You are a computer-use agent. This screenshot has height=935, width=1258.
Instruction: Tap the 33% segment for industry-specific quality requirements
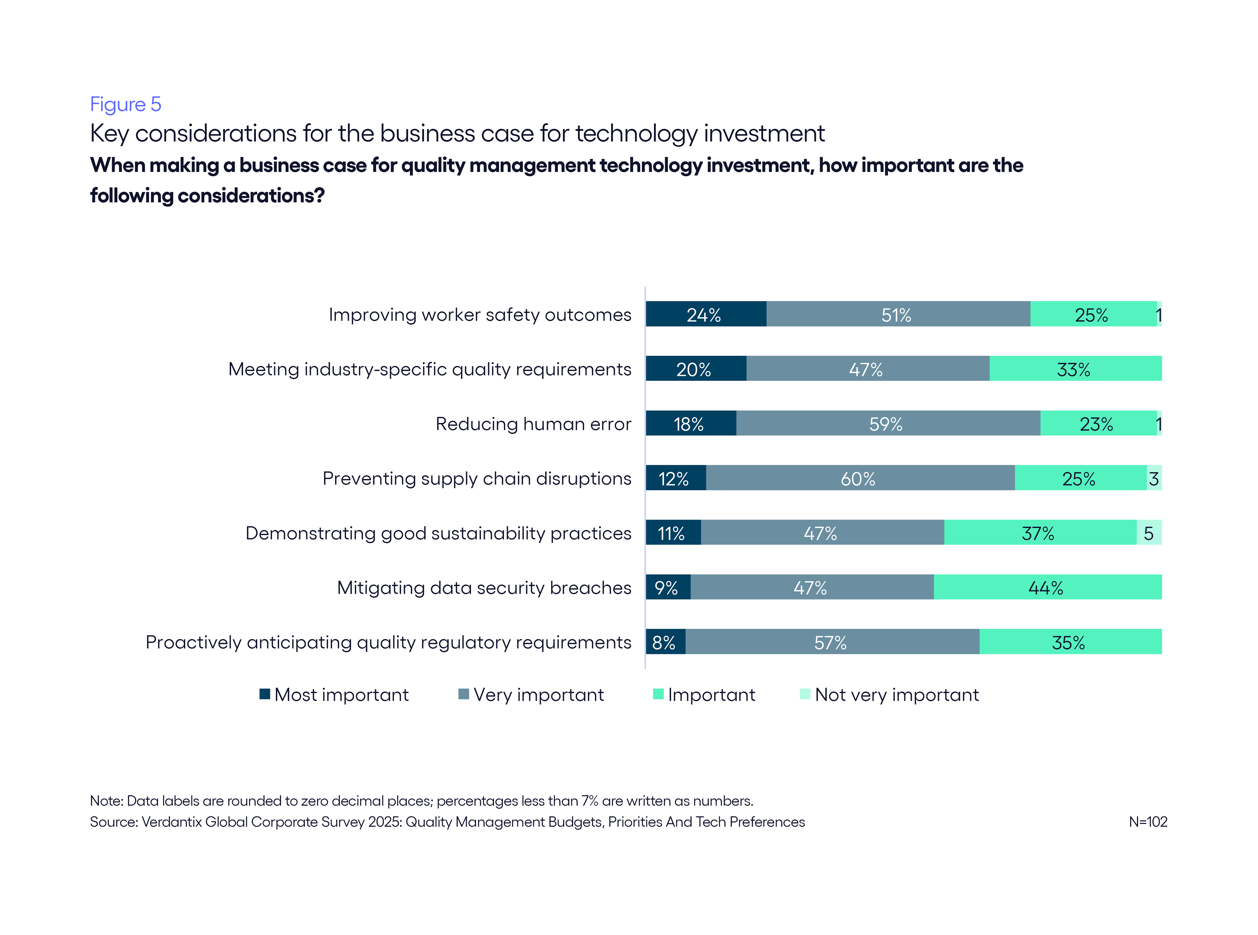tap(1075, 369)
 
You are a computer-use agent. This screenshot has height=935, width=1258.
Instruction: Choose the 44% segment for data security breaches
tap(1047, 588)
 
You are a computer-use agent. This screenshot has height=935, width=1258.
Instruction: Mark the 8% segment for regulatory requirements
tap(665, 642)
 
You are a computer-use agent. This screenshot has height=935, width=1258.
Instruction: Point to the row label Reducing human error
tap(533, 424)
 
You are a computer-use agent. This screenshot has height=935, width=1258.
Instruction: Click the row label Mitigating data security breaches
tap(484, 588)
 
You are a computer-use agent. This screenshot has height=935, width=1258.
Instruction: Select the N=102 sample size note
tap(1148, 822)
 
